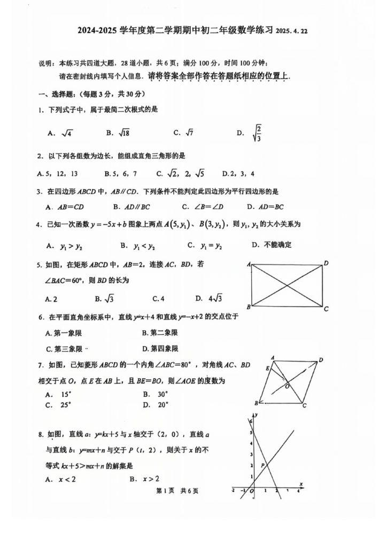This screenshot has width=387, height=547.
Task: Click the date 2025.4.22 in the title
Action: pos(292,32)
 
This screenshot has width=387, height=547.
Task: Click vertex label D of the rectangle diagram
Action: pos(326,263)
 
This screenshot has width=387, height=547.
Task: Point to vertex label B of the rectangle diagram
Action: pos(249,307)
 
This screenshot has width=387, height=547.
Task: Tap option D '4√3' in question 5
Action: pos(208,299)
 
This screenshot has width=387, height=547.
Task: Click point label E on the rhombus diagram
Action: pos(267,368)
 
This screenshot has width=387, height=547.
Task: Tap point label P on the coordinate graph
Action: pos(262,465)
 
